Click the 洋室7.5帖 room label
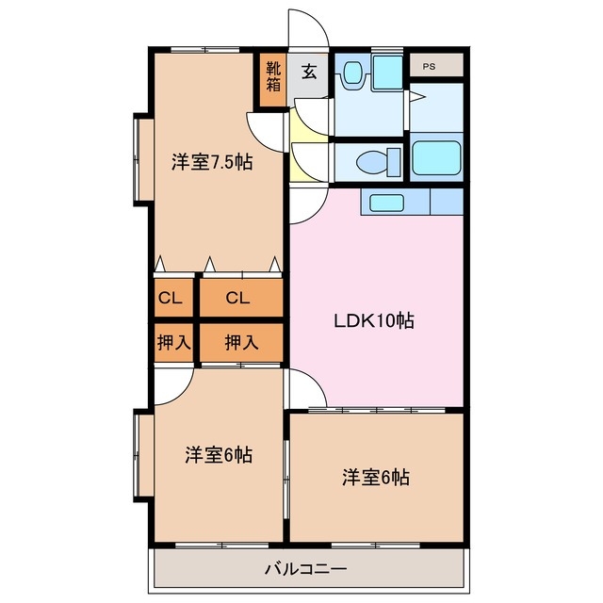point(211,161)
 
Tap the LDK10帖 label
point(374,320)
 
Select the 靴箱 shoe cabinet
point(272,76)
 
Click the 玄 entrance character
point(308,71)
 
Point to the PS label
point(429,66)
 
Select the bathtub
point(436,161)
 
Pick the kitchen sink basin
point(386,202)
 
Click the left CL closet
point(170,299)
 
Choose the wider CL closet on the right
point(237,299)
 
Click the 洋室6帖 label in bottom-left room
point(218,455)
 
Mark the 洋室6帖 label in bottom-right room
point(375,478)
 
